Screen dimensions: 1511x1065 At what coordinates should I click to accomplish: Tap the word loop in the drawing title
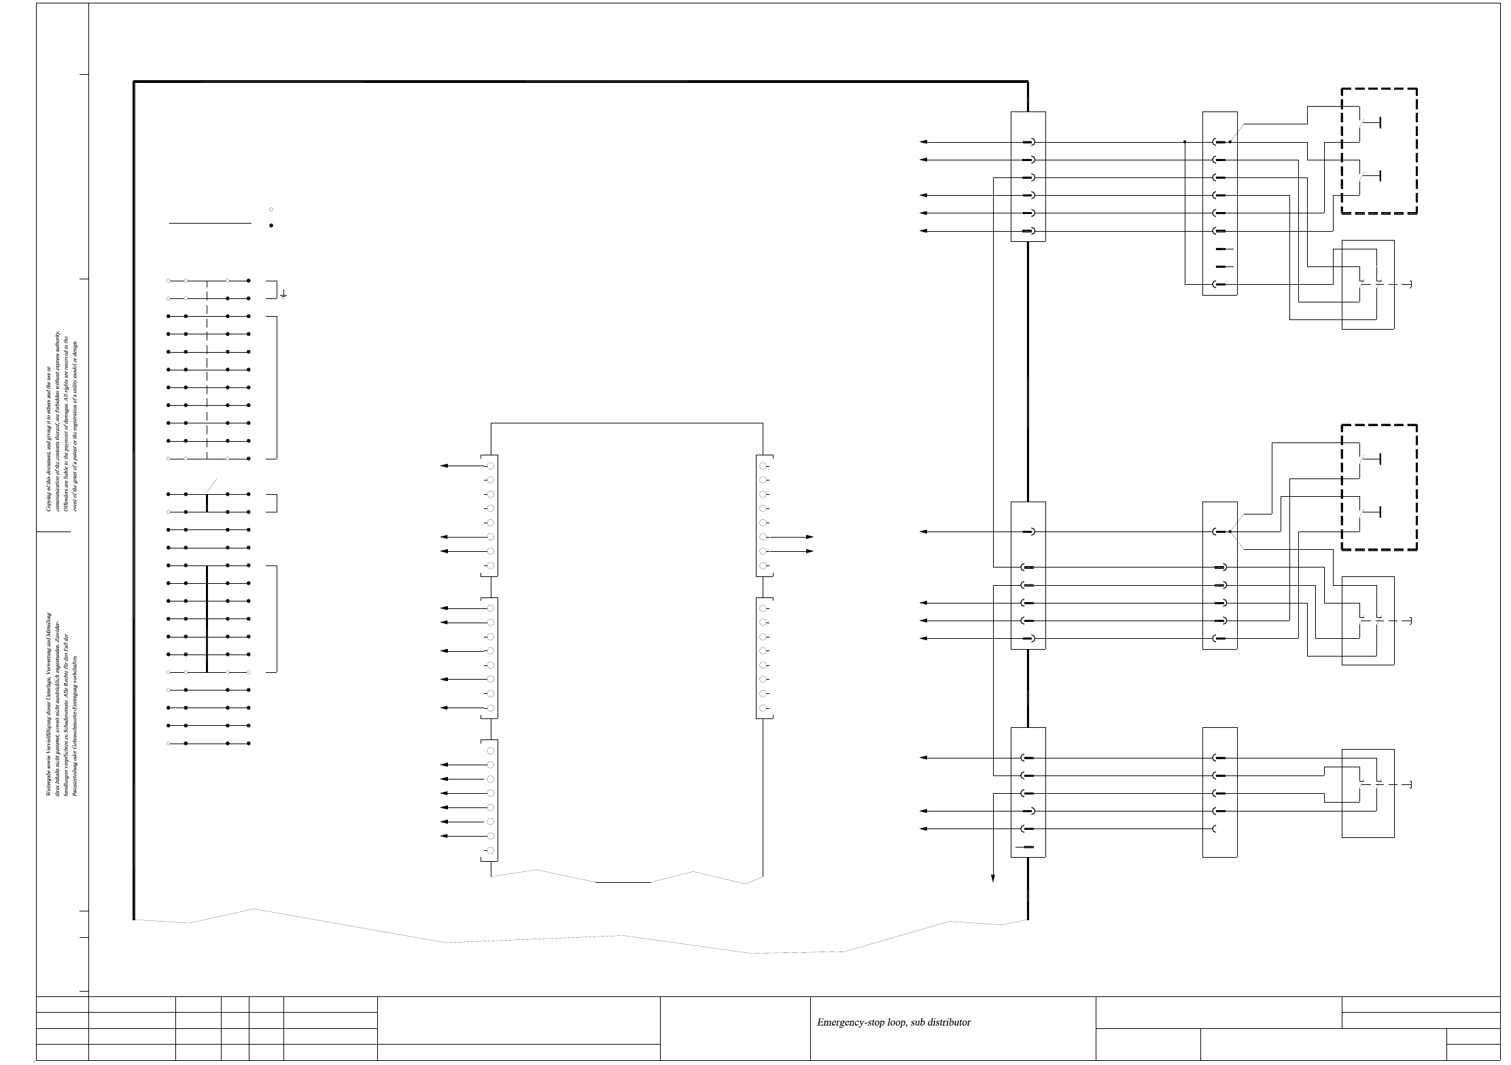pos(898,1022)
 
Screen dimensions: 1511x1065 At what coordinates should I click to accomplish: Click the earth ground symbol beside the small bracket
pos(283,295)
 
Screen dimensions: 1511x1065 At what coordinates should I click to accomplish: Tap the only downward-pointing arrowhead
pos(993,879)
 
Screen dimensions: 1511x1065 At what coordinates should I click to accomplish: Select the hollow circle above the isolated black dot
pos(271,209)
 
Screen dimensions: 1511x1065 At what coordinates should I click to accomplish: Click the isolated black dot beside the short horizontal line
pos(271,226)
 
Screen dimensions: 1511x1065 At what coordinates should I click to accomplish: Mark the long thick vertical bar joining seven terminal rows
pos(207,618)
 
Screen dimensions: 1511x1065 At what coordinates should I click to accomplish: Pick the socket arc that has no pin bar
pos(1214,829)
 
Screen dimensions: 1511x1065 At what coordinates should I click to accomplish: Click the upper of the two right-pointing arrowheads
pos(809,537)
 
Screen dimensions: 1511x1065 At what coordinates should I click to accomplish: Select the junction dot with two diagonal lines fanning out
pos(1230,532)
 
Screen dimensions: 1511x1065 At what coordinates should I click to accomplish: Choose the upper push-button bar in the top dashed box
pos(1380,123)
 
